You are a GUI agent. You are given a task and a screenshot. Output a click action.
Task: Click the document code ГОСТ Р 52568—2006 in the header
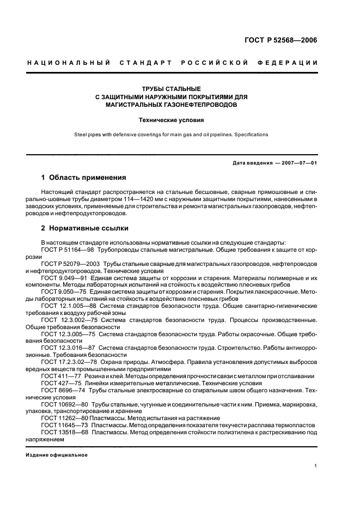pyautogui.click(x=284, y=40)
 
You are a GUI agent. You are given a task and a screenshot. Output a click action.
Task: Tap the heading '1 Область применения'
pyautogui.click(x=84, y=177)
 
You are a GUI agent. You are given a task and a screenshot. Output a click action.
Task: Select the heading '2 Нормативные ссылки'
pyautogui.click(x=85, y=228)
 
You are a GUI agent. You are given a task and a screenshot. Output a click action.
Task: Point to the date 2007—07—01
pyautogui.click(x=298, y=163)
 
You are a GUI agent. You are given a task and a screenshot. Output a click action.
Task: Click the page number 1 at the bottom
pyautogui.click(x=316, y=465)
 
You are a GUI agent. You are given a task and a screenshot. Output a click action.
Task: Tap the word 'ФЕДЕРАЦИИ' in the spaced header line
pyautogui.click(x=290, y=63)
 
